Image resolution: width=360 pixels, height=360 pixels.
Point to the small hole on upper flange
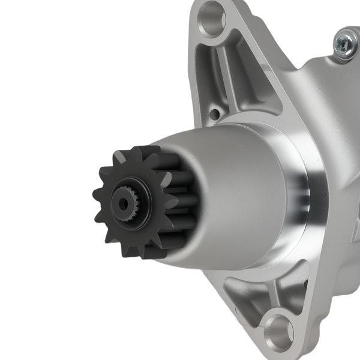pos(214,113)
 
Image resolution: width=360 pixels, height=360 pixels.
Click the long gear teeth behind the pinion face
pos(180,192)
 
